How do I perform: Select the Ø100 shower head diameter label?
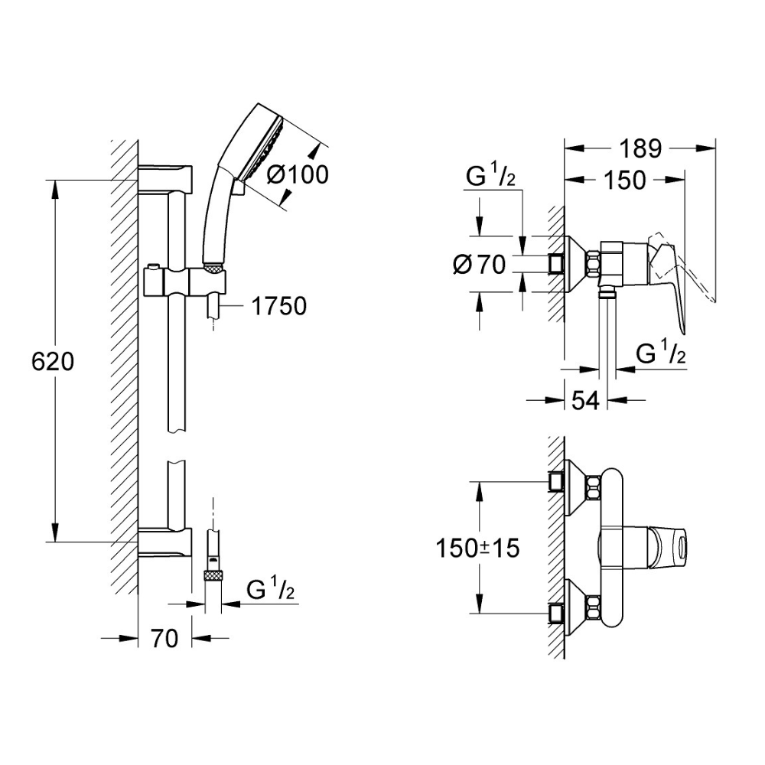click(x=298, y=174)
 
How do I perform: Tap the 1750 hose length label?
click(x=278, y=306)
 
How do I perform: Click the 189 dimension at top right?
click(x=640, y=148)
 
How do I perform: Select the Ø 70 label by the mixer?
click(x=480, y=265)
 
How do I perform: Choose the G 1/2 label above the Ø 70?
click(x=491, y=178)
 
